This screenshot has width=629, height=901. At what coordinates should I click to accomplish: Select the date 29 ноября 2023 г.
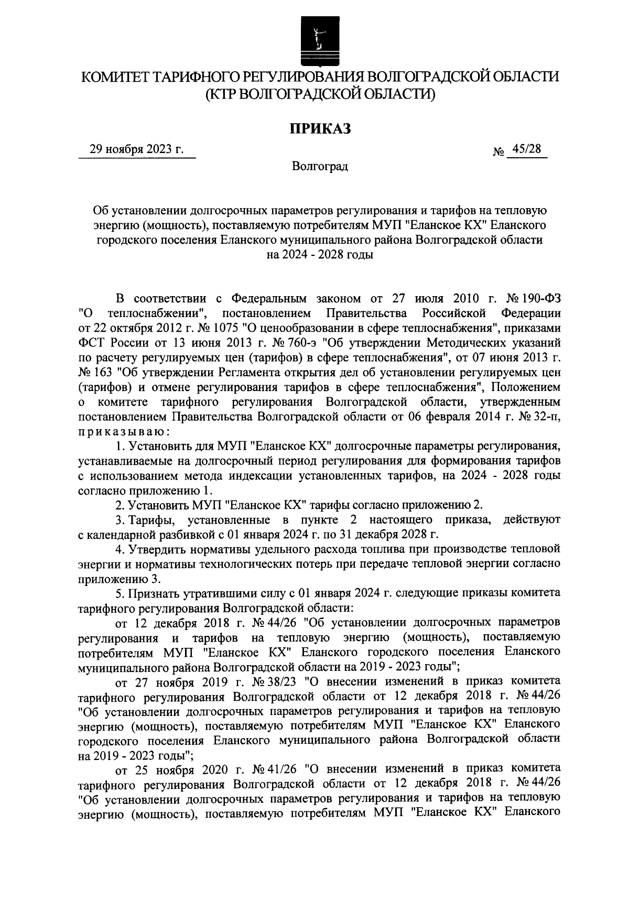pyautogui.click(x=137, y=149)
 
